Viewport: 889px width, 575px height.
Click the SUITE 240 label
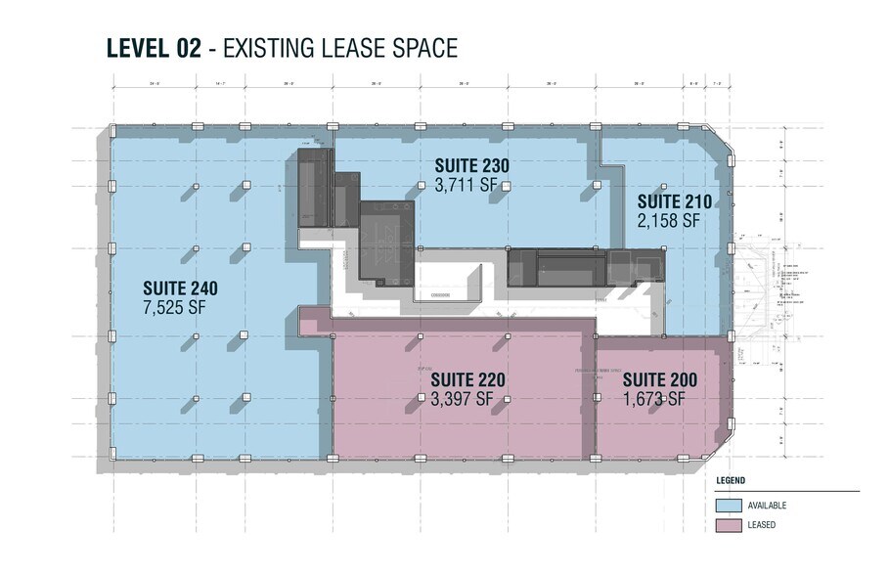[x=180, y=288]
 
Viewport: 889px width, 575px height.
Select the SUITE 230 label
[x=471, y=165]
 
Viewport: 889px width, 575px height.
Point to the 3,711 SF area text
[x=469, y=184]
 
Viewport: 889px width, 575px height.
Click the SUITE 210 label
[x=673, y=202]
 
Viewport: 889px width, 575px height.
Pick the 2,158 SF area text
[x=669, y=221]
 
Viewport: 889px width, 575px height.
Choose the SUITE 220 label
[x=467, y=379]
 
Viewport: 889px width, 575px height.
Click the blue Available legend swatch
[x=728, y=506]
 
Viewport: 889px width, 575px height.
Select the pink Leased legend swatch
[x=728, y=526]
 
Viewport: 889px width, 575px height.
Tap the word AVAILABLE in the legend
[x=767, y=506]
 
